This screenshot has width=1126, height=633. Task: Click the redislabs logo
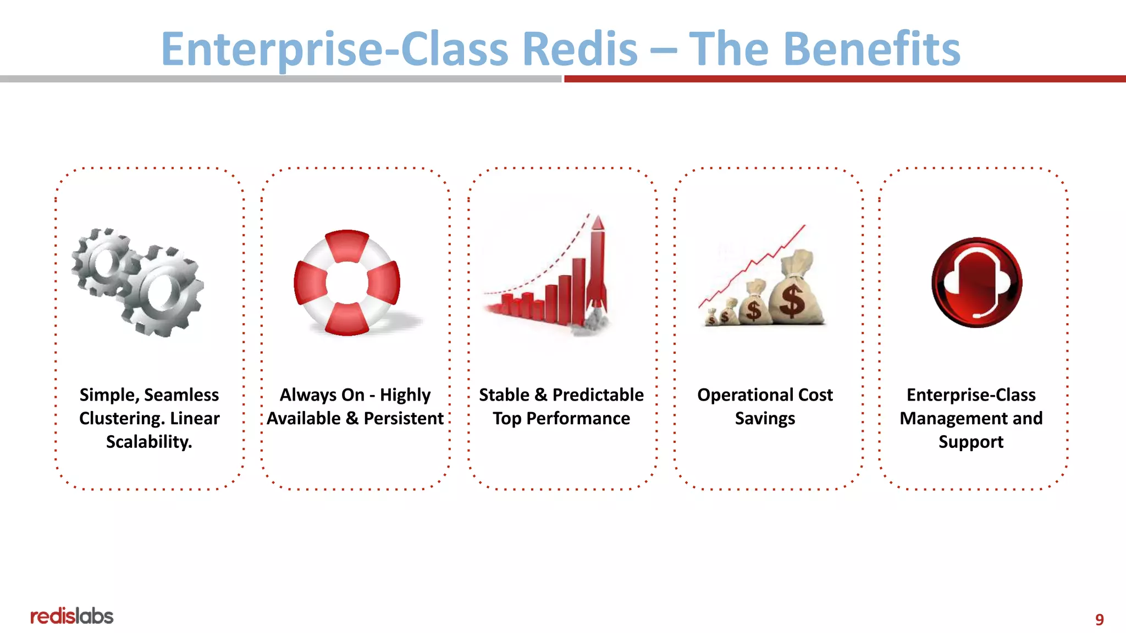[71, 616]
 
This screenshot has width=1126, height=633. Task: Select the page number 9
[1099, 619]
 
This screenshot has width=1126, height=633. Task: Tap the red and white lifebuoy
[347, 282]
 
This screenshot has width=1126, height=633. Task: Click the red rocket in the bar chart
[597, 264]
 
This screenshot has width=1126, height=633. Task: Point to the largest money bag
[796, 291]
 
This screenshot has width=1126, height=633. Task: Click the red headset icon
[976, 282]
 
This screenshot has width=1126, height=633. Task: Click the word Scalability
[149, 442]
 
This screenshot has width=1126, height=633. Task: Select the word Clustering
[122, 419]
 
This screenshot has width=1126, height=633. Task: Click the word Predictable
[598, 395]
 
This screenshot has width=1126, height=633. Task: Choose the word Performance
[578, 419]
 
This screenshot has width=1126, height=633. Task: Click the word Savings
[765, 419]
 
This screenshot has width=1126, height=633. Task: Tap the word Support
[970, 442]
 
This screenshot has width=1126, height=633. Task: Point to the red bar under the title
[844, 79]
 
